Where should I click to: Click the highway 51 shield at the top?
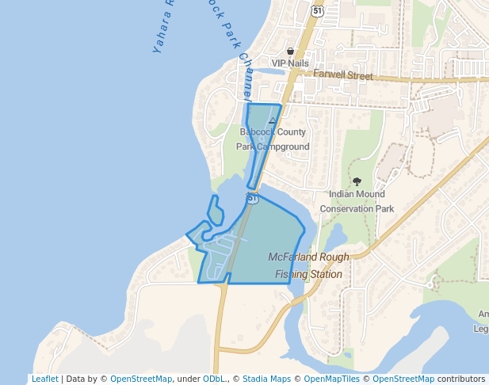tap(317, 10)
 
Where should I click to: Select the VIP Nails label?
tap(290, 63)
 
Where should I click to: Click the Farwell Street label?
tap(342, 76)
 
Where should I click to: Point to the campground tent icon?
tap(273, 121)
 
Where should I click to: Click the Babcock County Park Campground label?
tap(273, 139)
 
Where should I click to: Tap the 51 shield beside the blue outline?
tap(252, 198)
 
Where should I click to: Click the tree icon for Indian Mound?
tap(357, 181)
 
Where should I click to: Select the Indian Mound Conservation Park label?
tap(357, 201)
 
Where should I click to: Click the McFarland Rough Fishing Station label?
tap(308, 265)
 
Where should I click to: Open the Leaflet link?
tap(44, 379)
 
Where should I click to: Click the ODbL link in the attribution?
tap(214, 379)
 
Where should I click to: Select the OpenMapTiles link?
tap(332, 379)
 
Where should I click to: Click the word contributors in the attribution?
tap(461, 379)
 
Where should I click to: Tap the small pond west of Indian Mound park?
tap(336, 236)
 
